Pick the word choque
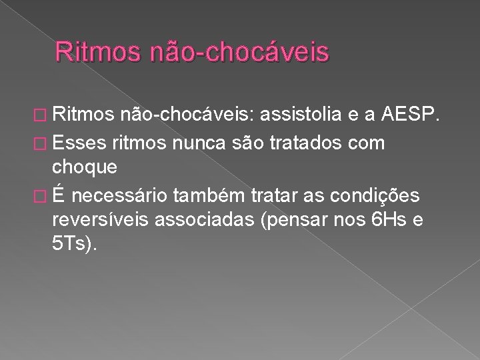pyautogui.click(x=85, y=166)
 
